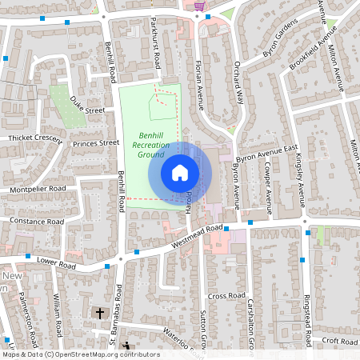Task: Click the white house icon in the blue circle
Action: (x=180, y=172)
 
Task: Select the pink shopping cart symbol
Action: (x=199, y=6)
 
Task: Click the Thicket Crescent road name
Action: (x=34, y=138)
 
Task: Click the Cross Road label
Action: (x=226, y=295)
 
